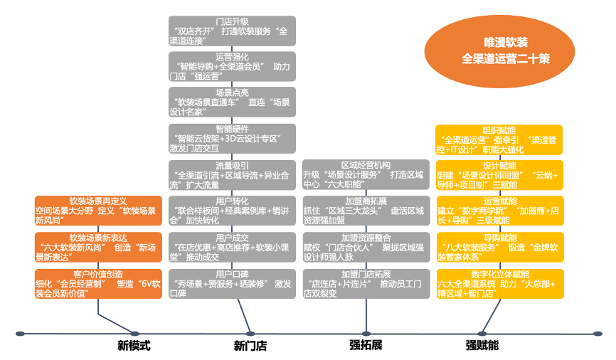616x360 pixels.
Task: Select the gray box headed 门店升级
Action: pos(233,31)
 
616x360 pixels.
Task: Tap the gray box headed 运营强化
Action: pos(233,66)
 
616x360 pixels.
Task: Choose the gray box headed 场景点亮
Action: pos(233,102)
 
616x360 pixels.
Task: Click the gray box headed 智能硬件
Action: pos(233,139)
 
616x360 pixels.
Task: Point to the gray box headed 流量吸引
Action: pos(233,175)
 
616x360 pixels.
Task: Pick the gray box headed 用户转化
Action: pos(233,211)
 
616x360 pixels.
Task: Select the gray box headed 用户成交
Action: pos(233,247)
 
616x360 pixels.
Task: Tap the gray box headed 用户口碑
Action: pos(233,283)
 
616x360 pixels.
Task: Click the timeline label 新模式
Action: pos(134,346)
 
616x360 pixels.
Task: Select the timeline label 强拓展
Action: pos(366,345)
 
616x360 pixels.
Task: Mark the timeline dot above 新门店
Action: pos(250,333)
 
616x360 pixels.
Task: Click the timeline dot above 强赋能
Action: pos(482,333)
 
